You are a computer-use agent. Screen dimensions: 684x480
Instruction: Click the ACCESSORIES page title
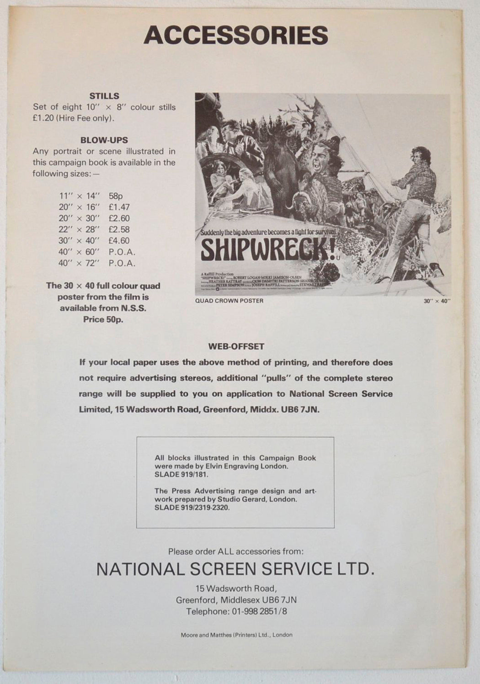coord(236,35)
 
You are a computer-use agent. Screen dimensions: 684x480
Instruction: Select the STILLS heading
coord(104,96)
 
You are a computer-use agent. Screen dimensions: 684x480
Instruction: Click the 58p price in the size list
coord(116,196)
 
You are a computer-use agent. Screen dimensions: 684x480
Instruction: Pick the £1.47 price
coord(119,207)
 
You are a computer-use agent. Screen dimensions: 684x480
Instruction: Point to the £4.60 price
coord(119,240)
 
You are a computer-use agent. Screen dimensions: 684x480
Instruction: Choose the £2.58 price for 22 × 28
coord(119,229)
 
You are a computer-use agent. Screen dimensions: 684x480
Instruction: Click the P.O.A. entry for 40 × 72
coord(122,263)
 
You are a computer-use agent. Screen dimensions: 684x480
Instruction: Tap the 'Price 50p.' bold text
coord(103,319)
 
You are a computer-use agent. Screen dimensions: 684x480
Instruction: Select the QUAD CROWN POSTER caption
coord(229,301)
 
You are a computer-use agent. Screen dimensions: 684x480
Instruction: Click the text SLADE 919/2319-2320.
coord(192,508)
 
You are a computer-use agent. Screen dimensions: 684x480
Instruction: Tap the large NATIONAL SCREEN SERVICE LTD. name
coord(235,569)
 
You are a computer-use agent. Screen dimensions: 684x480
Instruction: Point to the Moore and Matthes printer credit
coord(236,635)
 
